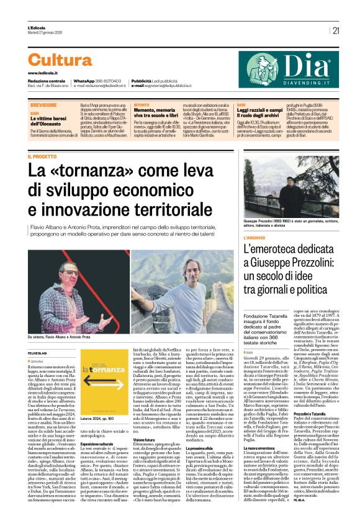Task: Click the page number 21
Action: pos(336,30)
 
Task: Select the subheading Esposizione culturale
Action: pos(98,445)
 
